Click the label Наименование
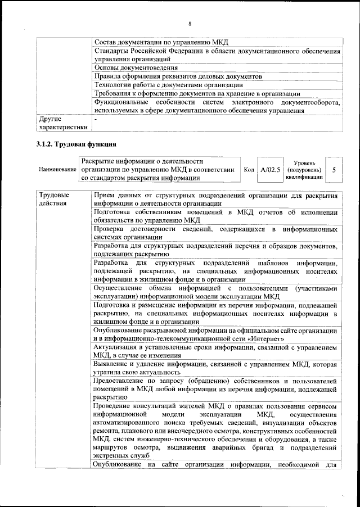tap(57, 170)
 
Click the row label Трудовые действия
tap(55, 198)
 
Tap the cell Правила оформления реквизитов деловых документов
tap(178, 76)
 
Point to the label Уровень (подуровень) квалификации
tap(304, 169)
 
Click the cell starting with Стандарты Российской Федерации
tap(217, 55)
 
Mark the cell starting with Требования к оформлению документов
tap(197, 93)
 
